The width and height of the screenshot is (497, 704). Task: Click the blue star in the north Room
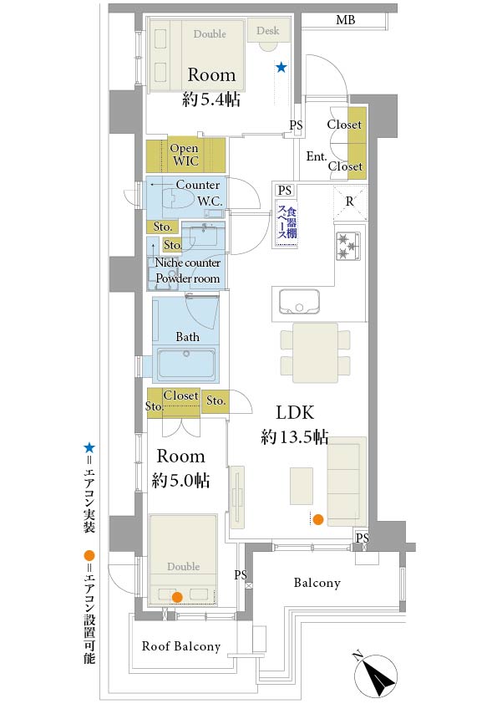coord(281,68)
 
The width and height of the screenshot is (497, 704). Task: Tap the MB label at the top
coord(345,20)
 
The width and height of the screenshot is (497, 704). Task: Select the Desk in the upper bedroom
coord(268,31)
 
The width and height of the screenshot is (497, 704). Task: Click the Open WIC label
coord(184,155)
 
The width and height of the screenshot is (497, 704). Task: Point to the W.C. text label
coord(209,201)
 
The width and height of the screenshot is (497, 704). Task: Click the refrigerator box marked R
coord(349,202)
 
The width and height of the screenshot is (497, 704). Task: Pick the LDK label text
coord(294,411)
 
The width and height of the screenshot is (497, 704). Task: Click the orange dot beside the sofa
coord(317,520)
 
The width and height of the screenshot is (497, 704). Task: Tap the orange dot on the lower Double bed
coord(176,596)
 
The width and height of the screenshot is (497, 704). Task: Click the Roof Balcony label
coord(181,646)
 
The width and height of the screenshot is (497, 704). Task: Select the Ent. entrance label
coord(317,156)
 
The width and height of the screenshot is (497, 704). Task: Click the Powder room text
coord(188,278)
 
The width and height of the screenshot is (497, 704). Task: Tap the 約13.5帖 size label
coord(294,436)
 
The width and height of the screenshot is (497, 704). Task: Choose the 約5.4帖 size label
coord(211,99)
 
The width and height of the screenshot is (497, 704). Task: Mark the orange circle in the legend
coord(89,555)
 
